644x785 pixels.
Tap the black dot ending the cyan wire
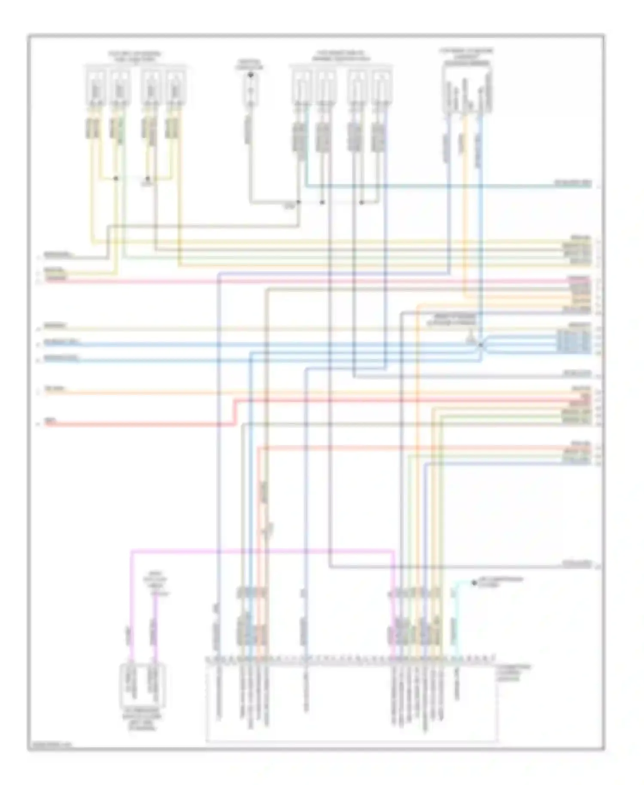[474, 583]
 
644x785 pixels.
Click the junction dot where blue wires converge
[480, 345]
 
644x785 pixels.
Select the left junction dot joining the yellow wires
[116, 178]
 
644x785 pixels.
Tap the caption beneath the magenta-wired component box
[142, 719]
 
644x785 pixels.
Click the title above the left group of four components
[135, 57]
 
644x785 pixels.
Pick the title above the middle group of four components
[341, 56]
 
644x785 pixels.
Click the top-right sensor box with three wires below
[467, 91]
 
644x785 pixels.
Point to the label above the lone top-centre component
[249, 64]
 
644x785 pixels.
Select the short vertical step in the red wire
[235, 413]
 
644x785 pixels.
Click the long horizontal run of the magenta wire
[262, 551]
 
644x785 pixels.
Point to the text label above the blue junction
[451, 319]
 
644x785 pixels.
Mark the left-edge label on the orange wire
[55, 389]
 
